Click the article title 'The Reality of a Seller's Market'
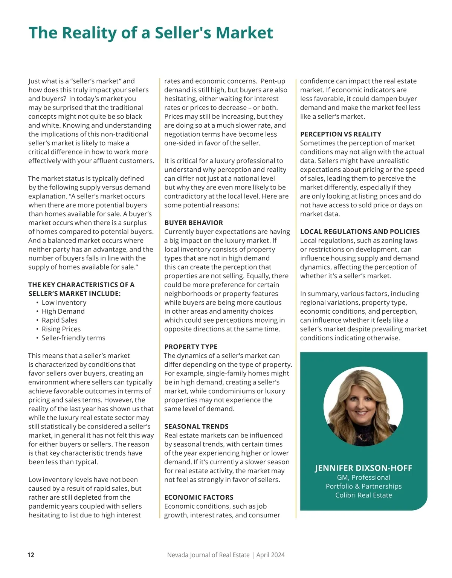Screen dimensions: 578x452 pos(151,33)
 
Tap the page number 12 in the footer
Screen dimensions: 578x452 pos(31,555)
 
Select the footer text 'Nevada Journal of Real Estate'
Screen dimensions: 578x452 pos(208,555)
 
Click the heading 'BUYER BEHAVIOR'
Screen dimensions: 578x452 pos(194,223)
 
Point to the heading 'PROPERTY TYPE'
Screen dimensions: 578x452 pos(191,346)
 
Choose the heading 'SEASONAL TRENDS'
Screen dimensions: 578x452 pos(196,426)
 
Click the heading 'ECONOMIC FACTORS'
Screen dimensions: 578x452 pos(199,497)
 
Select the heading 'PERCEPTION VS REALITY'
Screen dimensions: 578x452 pos(341,134)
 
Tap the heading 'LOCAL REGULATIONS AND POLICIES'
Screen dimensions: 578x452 pos(360,232)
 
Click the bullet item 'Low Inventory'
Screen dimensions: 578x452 pos(64,302)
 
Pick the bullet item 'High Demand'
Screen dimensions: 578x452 pos(63,311)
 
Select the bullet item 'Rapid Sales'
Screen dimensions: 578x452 pos(60,320)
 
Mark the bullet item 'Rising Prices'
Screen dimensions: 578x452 pos(61,329)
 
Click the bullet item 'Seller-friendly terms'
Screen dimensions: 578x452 pos(73,338)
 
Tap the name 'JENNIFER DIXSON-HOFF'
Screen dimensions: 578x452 pos(363,468)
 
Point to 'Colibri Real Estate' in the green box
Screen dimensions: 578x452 pos(363,495)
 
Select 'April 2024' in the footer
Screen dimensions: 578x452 pos(270,555)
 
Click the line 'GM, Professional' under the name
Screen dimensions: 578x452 pos(363,477)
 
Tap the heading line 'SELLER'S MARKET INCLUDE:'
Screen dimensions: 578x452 pos(75,293)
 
